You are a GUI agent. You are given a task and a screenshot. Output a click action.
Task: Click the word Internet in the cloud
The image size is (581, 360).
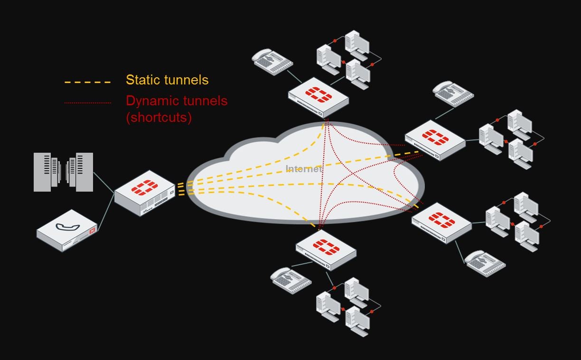[x=303, y=169]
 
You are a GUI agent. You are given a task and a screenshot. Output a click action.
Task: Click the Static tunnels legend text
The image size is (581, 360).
[x=167, y=80]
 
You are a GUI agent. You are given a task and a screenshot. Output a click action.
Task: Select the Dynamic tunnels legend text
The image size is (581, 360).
[x=177, y=101]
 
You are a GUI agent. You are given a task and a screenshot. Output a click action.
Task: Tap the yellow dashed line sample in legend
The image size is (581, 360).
[x=87, y=82]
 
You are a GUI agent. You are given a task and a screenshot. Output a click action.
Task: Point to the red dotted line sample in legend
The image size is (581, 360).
[x=87, y=102]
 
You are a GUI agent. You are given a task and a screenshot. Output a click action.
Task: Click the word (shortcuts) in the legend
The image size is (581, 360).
[x=159, y=117]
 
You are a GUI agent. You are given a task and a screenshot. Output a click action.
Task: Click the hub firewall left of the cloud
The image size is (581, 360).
[x=144, y=193]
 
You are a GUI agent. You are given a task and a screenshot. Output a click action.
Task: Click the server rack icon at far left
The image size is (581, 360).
[x=63, y=172]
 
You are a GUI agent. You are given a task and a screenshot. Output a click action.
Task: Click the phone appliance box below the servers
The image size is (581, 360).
[x=67, y=231]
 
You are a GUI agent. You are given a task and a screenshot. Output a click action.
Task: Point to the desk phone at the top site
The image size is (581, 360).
[x=272, y=62]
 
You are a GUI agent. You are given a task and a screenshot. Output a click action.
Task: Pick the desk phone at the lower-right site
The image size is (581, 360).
[x=485, y=264]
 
